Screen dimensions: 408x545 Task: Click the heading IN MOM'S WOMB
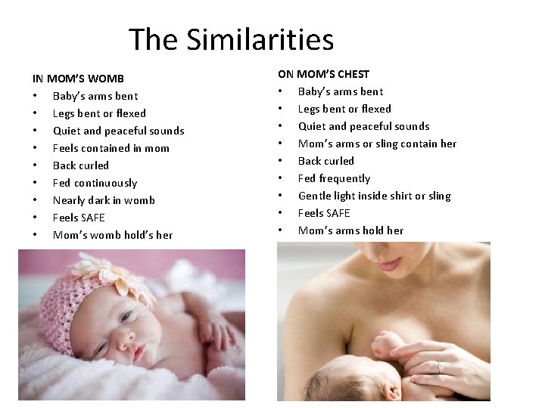(78, 79)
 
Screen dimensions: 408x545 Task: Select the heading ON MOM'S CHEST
(323, 74)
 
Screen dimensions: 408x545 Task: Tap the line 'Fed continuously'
(95, 183)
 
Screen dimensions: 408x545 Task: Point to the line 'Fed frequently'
(334, 178)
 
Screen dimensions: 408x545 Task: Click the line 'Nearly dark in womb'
(104, 200)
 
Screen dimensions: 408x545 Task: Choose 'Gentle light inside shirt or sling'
(374, 196)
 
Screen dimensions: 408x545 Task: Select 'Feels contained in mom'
(111, 148)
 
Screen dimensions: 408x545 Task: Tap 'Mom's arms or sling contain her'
(377, 144)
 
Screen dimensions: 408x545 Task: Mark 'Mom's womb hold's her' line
(112, 235)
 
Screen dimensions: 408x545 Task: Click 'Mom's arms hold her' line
(350, 230)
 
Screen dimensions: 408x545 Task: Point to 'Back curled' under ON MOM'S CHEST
(325, 161)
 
